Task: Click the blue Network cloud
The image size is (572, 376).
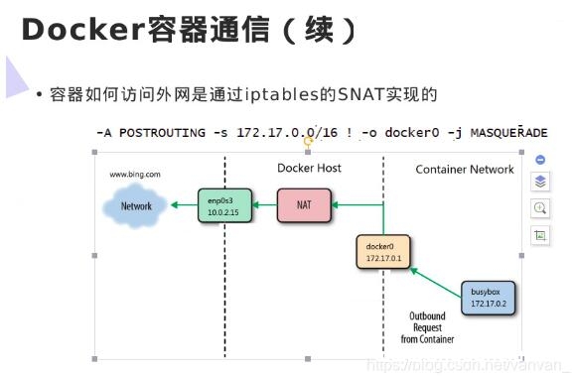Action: pos(137,206)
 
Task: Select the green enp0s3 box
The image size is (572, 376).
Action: pos(223,205)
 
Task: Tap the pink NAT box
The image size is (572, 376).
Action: pos(308,206)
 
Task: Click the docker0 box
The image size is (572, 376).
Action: pos(382,251)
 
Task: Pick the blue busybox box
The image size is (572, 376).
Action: pos(490,297)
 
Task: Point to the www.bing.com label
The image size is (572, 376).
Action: pos(134,175)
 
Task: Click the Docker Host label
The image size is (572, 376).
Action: pos(309,169)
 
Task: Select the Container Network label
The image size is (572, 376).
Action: pos(465,170)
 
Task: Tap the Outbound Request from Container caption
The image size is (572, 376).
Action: pos(428,327)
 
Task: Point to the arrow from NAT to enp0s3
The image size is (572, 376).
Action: pos(265,206)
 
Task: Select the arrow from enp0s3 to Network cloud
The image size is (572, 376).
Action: pos(182,206)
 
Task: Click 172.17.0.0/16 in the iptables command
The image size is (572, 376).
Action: pos(271,132)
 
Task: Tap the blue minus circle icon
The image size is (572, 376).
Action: pos(540,160)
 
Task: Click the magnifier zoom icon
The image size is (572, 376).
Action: pos(540,208)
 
